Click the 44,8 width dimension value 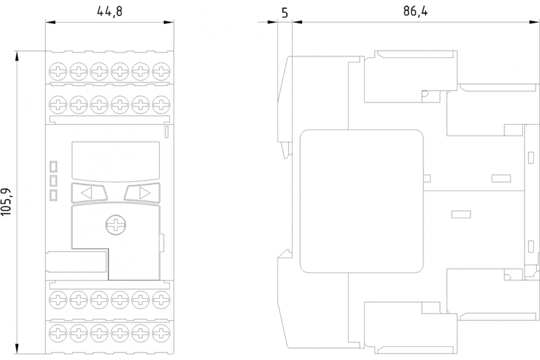(x=110, y=12)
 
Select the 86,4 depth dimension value (x=415, y=12)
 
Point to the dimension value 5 (x=284, y=13)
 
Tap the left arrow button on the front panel (x=89, y=193)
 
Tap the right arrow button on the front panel (x=142, y=193)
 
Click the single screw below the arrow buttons (x=115, y=225)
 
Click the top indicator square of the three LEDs (x=53, y=166)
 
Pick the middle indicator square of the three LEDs (x=53, y=180)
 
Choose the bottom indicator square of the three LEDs (x=53, y=195)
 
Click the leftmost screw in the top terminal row (x=58, y=71)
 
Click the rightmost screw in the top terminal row (x=161, y=71)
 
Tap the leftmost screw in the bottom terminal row (x=58, y=333)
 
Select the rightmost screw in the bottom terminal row (x=161, y=333)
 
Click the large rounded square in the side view (x=362, y=201)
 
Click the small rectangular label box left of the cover (x=76, y=261)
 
